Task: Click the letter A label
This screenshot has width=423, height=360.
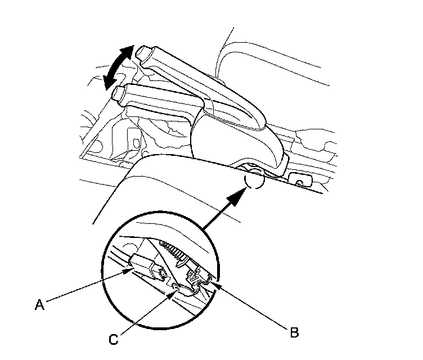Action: tap(39, 305)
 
